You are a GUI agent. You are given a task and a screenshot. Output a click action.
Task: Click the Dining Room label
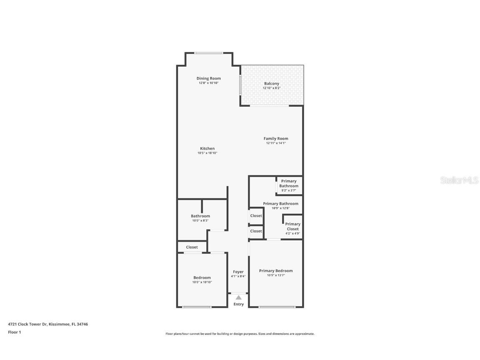pyautogui.click(x=208, y=78)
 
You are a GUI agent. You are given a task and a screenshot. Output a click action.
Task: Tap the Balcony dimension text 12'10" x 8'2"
pyautogui.click(x=271, y=88)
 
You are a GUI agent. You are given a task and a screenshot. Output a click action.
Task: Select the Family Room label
pyautogui.click(x=275, y=139)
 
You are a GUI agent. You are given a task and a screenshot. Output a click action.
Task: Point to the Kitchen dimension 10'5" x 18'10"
pyautogui.click(x=207, y=153)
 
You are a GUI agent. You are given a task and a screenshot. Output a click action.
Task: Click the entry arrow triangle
pyautogui.click(x=238, y=297)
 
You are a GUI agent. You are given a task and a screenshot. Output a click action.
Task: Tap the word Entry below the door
pyautogui.click(x=238, y=304)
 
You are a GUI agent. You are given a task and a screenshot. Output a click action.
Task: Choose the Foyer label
pyautogui.click(x=238, y=272)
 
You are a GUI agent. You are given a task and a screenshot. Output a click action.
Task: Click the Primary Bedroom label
pyautogui.click(x=275, y=271)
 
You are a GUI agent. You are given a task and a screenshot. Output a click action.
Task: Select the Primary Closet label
pyautogui.click(x=292, y=227)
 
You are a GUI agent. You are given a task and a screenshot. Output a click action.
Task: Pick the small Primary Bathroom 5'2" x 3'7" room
pyautogui.click(x=289, y=185)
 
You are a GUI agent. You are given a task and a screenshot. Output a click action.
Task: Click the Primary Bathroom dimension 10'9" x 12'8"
pyautogui.click(x=280, y=208)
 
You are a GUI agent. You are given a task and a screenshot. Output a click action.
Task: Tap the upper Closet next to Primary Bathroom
pyautogui.click(x=256, y=216)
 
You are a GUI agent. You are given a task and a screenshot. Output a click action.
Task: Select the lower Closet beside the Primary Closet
pyautogui.click(x=256, y=231)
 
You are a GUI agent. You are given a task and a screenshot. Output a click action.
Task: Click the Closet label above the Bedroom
pyautogui.click(x=192, y=247)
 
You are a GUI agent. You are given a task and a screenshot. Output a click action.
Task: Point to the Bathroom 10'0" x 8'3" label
pyautogui.click(x=200, y=216)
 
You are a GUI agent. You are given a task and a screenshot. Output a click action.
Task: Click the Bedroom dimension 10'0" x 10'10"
pyautogui.click(x=202, y=282)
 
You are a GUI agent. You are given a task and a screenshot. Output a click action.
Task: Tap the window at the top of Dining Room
pyautogui.click(x=209, y=53)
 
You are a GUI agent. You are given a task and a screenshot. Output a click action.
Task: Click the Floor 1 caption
pyautogui.click(x=14, y=332)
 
